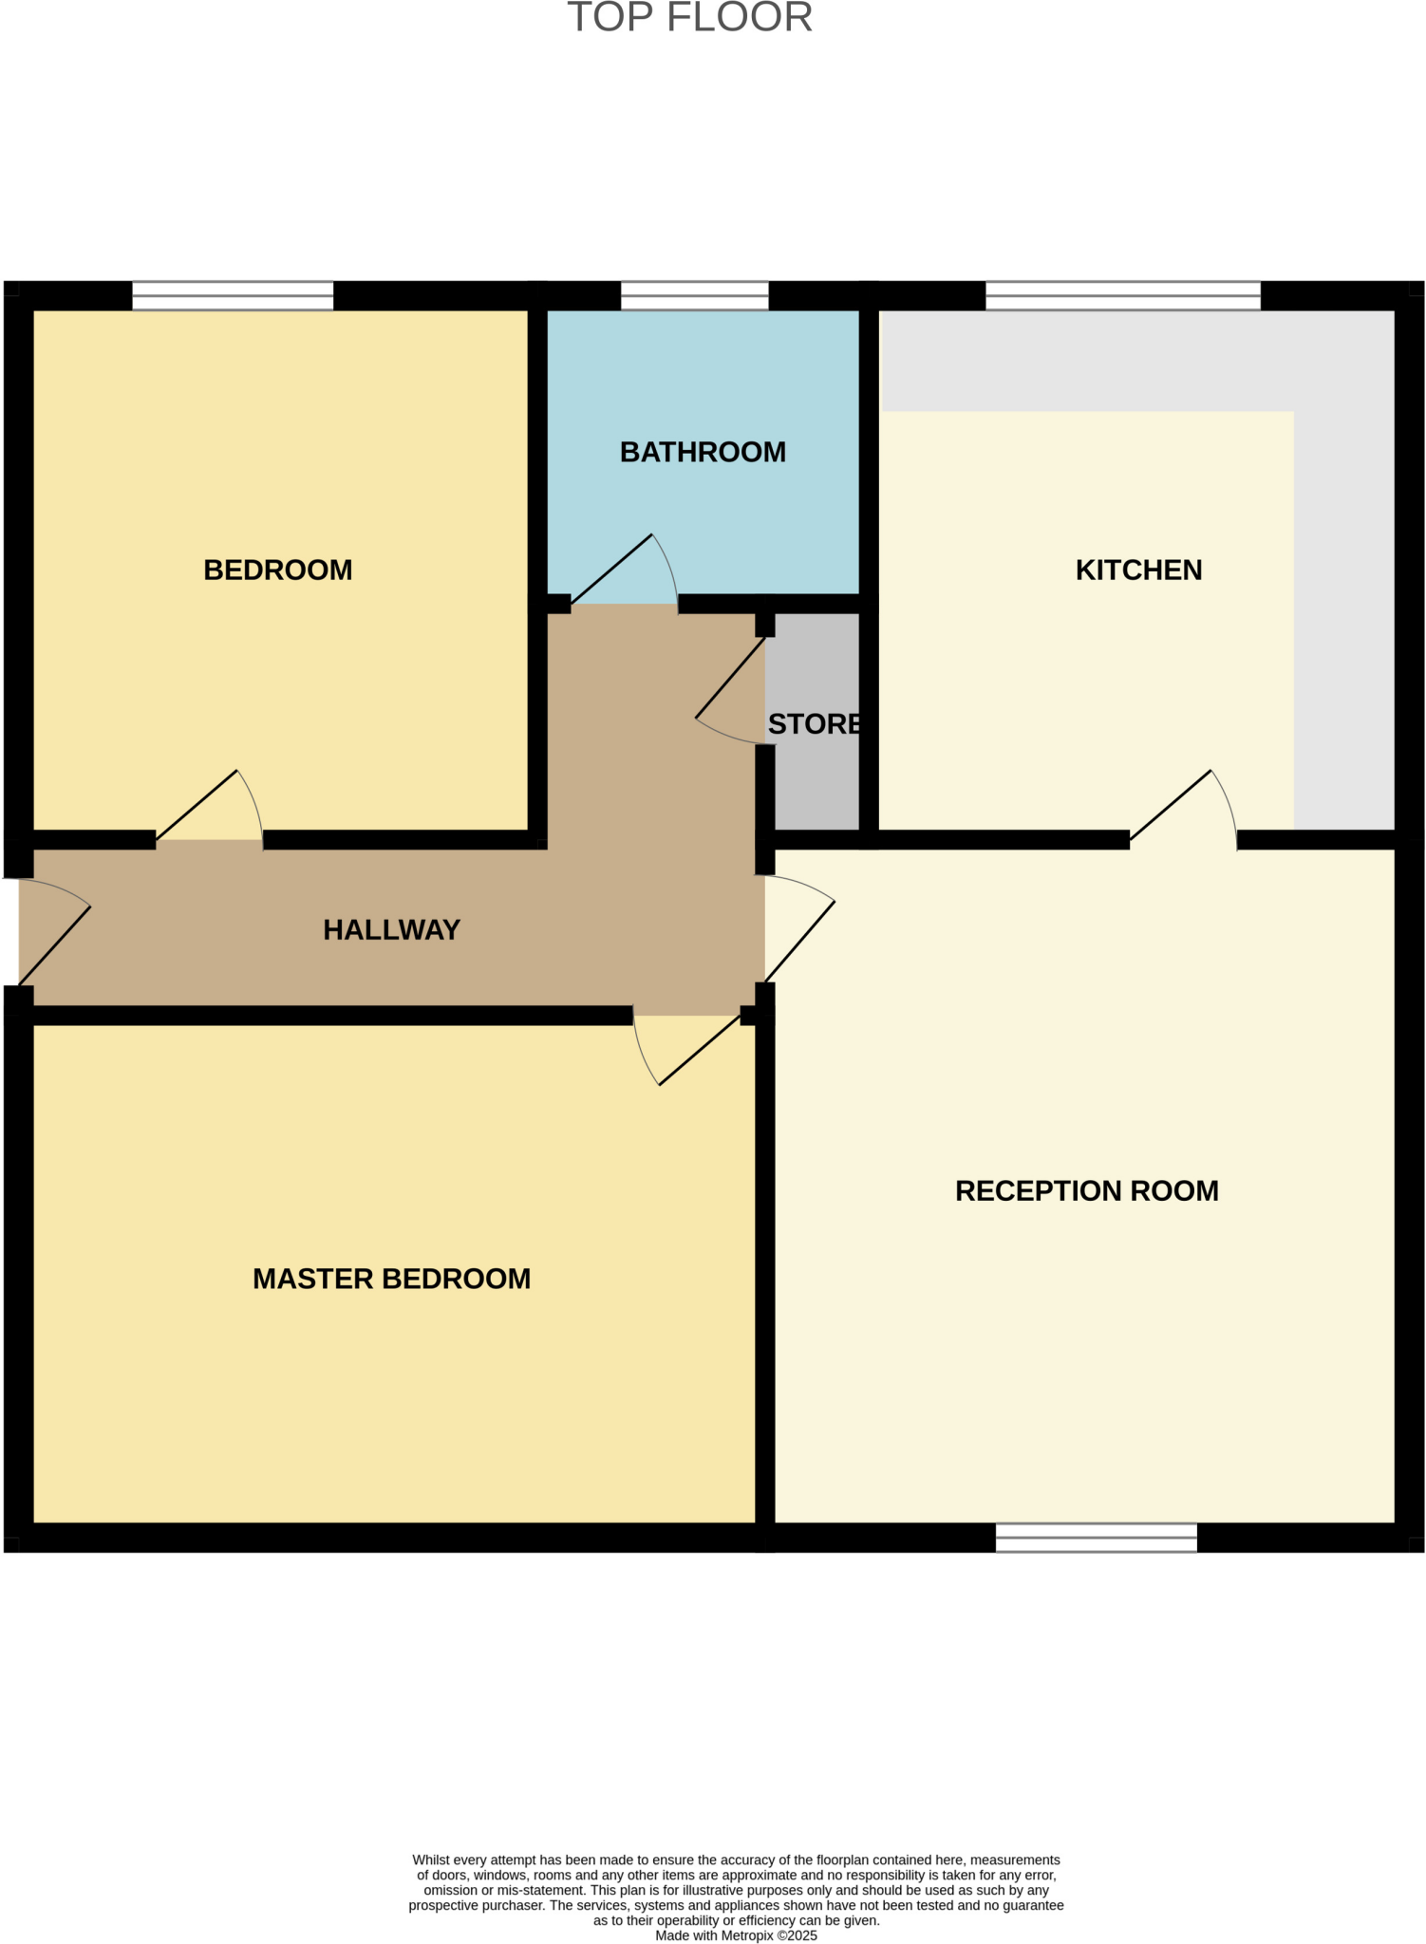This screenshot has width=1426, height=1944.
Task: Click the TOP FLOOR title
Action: (x=690, y=18)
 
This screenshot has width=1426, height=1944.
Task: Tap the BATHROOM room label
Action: (x=703, y=452)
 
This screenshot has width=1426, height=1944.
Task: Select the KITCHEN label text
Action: (x=1138, y=570)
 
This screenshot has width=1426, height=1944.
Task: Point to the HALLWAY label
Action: (x=391, y=929)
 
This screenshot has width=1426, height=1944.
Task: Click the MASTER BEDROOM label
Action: (x=391, y=1279)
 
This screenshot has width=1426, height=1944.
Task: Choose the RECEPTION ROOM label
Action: (x=1086, y=1190)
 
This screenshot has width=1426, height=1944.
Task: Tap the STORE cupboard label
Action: (x=815, y=724)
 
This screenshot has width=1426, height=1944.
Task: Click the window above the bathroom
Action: (x=694, y=296)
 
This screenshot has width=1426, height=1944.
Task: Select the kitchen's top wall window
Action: (x=1122, y=296)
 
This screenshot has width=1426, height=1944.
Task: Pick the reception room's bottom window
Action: (x=1096, y=1538)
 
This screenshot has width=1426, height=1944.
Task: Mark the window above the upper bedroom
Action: (x=233, y=296)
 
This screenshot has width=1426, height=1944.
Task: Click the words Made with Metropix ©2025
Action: (x=736, y=1935)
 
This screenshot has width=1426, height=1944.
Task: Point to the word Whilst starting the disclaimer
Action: (x=431, y=1860)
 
